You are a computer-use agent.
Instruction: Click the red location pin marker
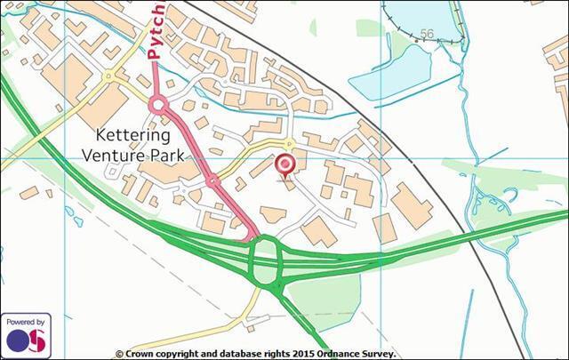tap(284, 165)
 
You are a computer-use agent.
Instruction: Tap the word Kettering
tap(132, 136)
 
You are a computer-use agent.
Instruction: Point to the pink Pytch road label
tap(156, 31)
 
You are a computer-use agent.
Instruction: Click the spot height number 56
tap(427, 35)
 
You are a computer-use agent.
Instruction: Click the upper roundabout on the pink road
tap(158, 106)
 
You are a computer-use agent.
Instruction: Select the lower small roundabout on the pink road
tap(212, 181)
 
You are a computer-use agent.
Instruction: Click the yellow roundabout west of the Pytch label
tap(108, 77)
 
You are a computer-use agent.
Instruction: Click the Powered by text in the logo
tap(26, 322)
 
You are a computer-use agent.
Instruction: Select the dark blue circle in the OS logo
tap(18, 340)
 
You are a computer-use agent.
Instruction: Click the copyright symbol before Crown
tap(119, 354)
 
